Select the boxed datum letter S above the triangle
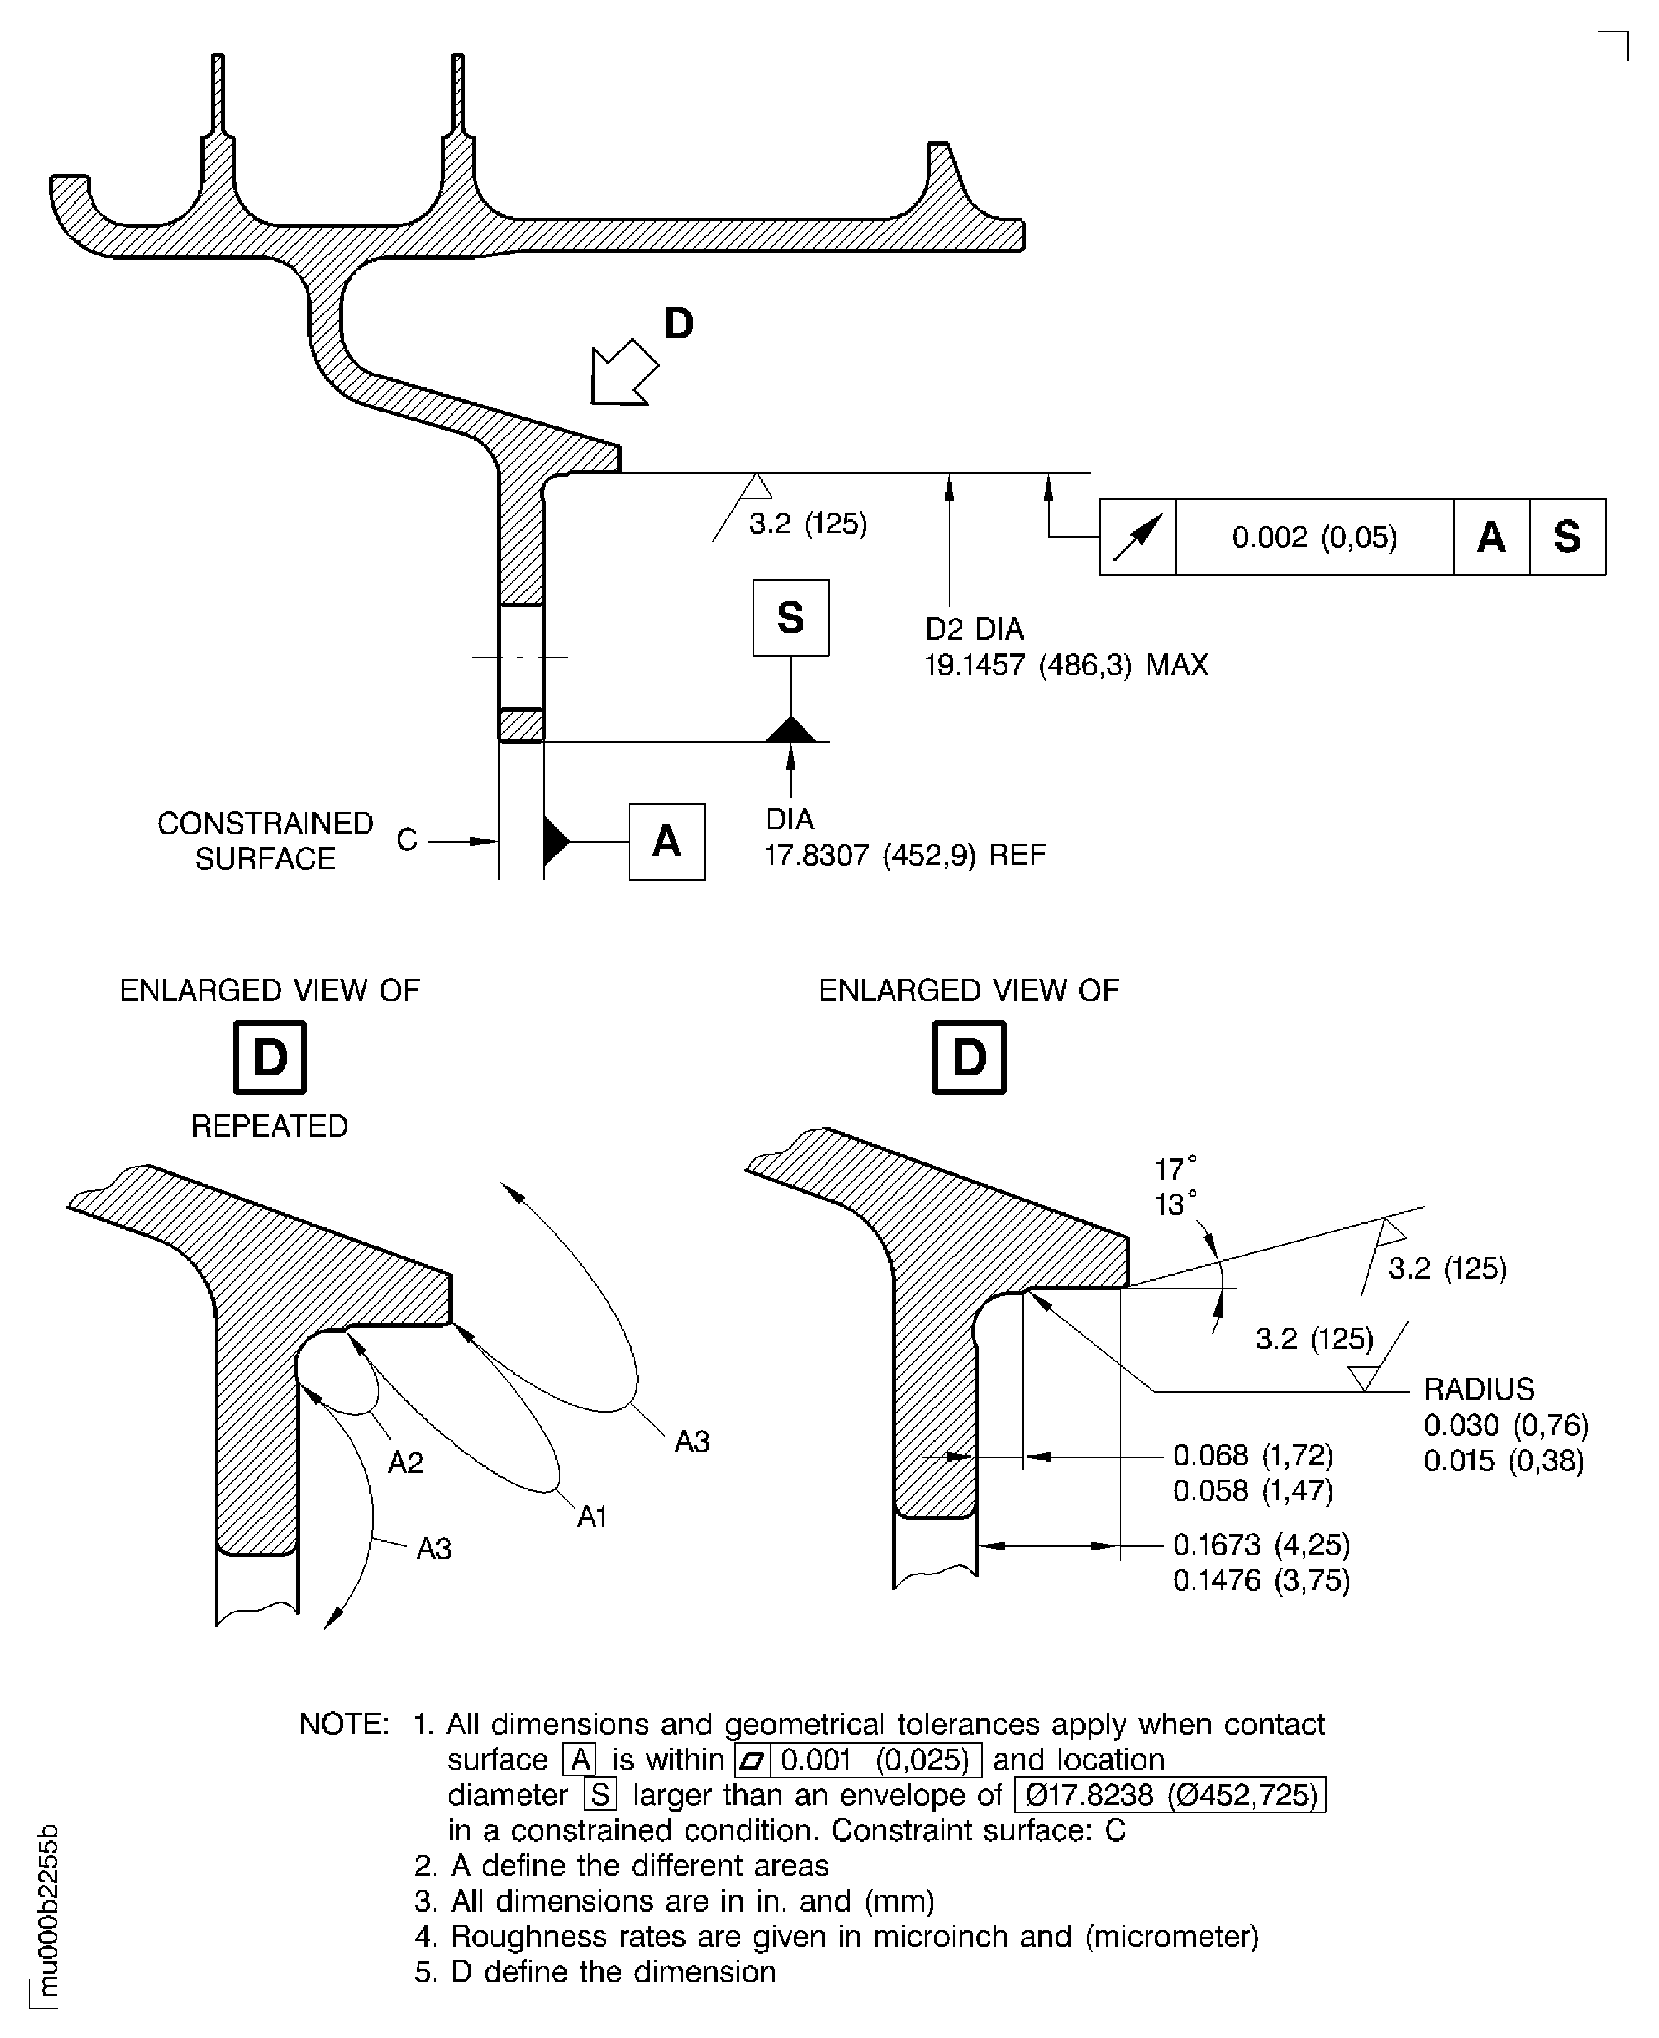790,617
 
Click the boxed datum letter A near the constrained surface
666,841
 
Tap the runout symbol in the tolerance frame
1137,537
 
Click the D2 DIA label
974,629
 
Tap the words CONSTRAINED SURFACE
265,841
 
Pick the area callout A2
405,1462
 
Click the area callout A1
591,1516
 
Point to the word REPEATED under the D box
270,1126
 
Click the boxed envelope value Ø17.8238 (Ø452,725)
1170,1794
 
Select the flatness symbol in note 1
752,1760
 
